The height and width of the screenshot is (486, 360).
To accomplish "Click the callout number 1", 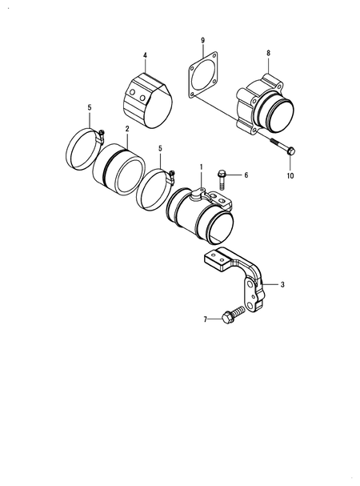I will tap(202, 169).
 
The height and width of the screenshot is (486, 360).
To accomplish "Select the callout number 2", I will tap(126, 128).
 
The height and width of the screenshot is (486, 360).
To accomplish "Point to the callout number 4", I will tap(145, 55).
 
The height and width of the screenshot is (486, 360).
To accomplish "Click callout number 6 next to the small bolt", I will tap(246, 174).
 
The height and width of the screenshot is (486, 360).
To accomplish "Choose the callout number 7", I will tap(205, 319).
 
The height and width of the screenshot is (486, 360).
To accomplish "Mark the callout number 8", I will tap(268, 52).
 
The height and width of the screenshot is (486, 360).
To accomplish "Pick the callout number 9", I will tap(202, 40).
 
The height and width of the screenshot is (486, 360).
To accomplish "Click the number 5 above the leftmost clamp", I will tap(90, 107).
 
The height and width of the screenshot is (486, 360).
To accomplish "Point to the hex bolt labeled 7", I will tap(232, 316).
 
